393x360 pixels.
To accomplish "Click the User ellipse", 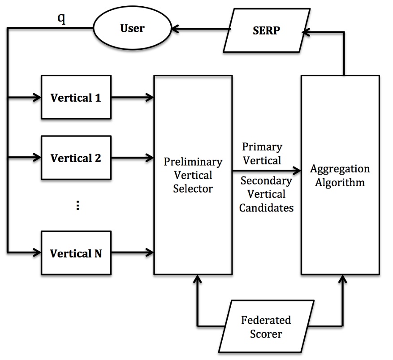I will point(133,29).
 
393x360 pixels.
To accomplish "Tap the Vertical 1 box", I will point(76,98).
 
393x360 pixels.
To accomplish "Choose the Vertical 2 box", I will point(76,158).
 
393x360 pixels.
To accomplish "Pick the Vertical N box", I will point(76,253).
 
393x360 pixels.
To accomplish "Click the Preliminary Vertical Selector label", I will point(193,175).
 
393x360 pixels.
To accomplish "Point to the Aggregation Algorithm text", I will point(340,176).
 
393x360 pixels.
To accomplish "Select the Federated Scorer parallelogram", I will point(266,327).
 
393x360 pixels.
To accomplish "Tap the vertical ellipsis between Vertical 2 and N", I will point(78,206).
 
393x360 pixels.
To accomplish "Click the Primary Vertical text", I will point(262,154).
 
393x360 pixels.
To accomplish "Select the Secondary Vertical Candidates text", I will point(267,194).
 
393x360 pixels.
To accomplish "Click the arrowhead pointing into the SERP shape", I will point(306,31).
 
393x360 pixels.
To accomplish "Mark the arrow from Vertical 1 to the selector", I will point(132,97).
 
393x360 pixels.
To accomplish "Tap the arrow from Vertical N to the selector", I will point(132,253).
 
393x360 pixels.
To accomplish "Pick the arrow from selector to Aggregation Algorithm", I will point(266,171).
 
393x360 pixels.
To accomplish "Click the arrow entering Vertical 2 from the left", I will point(25,158).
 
